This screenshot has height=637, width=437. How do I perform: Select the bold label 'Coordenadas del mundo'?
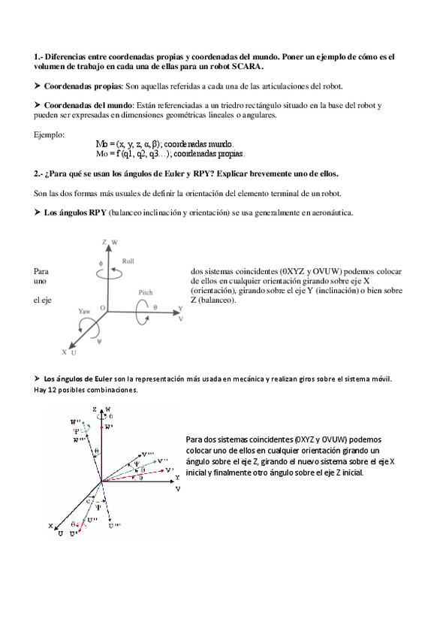88,105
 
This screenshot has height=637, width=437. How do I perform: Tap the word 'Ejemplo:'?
50,134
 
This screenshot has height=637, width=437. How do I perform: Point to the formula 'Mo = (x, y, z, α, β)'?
129,143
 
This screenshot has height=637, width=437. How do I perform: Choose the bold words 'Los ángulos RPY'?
76,213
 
